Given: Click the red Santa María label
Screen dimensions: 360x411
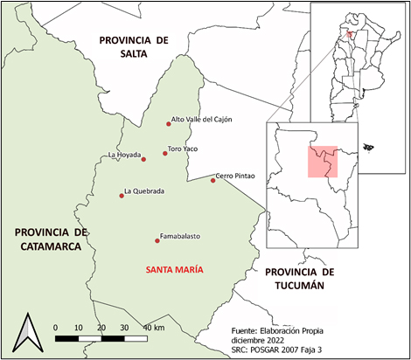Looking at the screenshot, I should coord(175,269).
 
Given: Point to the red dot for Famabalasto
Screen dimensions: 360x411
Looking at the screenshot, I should coord(157,239).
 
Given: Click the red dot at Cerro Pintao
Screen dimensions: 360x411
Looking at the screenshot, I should coord(212,181).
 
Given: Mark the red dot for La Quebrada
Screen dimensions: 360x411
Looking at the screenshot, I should coord(122,195).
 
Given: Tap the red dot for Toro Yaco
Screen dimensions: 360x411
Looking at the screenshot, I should coord(164,154).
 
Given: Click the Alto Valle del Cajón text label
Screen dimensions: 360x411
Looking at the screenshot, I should coord(202,120).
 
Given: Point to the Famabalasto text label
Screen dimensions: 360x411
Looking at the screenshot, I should coord(181,237).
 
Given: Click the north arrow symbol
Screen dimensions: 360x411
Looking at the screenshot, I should coord(30,333).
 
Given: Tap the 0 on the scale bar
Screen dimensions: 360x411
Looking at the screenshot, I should coord(56,327).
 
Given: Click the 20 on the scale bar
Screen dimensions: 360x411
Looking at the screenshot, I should coord(102,327).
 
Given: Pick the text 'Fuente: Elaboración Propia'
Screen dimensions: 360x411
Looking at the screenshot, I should coord(283,331).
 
